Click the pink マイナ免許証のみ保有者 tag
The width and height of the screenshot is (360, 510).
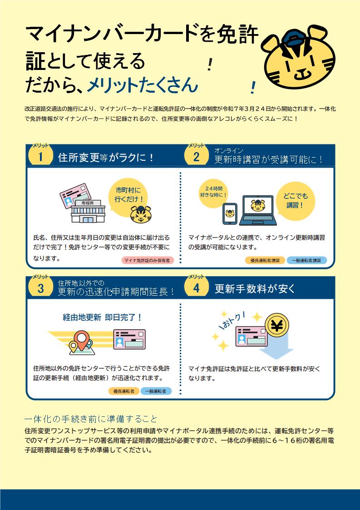(148, 260)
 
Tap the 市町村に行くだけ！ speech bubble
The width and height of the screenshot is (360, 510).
(128, 196)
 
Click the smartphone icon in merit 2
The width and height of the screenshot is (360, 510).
(230, 214)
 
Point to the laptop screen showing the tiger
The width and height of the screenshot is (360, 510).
(258, 207)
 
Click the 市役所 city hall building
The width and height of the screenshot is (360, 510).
(88, 211)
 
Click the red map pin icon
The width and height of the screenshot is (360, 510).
(80, 340)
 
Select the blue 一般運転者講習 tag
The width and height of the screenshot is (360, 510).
(306, 260)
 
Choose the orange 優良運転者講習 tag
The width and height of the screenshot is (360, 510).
(265, 260)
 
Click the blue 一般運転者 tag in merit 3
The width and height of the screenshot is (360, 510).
(156, 391)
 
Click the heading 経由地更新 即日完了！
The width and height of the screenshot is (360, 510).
(102, 317)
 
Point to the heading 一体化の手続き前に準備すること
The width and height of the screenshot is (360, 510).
(91, 419)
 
